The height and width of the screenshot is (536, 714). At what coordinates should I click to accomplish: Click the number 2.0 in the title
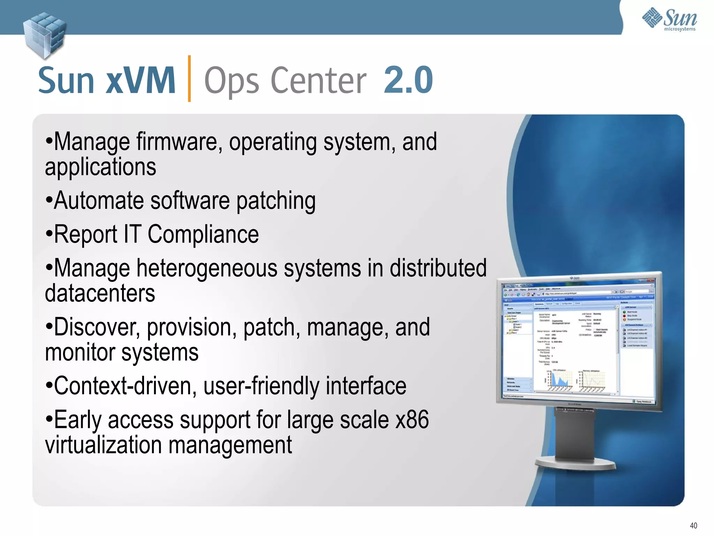(408, 80)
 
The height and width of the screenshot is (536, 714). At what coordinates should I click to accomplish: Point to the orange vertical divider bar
(189, 79)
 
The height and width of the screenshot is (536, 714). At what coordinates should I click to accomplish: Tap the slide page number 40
(693, 526)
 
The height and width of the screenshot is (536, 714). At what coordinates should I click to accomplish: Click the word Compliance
(203, 234)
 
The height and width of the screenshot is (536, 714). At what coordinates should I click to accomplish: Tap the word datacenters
(100, 293)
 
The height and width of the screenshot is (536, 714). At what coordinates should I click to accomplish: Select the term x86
(412, 420)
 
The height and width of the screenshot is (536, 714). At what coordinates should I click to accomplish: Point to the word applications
(100, 167)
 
